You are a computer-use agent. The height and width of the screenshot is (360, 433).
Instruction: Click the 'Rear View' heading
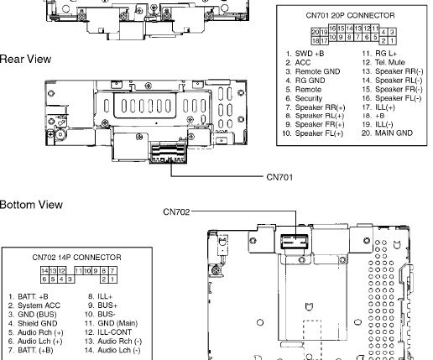coord(25,60)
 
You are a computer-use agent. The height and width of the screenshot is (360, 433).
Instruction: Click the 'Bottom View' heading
coord(31,205)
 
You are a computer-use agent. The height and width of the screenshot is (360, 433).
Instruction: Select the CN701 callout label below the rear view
coord(279,177)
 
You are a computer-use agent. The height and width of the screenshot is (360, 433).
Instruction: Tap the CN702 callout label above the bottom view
coord(176,212)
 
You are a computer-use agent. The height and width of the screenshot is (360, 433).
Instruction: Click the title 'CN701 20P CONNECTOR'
coord(350,15)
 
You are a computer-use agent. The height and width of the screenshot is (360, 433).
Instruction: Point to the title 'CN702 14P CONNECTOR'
coord(76,258)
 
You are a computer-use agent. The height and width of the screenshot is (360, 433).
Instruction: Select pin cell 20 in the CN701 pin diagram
coord(316,32)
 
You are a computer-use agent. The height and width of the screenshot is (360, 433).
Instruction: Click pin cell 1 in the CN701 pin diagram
coord(392,41)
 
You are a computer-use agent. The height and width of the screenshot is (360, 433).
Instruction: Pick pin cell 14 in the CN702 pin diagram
coord(44,271)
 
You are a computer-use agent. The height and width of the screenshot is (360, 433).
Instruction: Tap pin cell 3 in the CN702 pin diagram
coord(70,279)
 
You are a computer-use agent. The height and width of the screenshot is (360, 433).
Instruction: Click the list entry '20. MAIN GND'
coord(387,133)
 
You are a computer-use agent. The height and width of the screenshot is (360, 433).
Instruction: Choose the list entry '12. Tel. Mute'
coord(383,62)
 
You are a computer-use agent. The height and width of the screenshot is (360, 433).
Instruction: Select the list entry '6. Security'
coord(304,98)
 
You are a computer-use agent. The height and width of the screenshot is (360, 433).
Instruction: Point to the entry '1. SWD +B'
coord(305,54)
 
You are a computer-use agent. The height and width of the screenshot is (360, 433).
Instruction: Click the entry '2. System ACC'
coord(34,305)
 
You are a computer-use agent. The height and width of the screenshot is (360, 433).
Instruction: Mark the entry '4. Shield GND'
coord(33,323)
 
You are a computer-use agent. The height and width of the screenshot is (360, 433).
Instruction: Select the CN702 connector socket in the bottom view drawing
coord(295,242)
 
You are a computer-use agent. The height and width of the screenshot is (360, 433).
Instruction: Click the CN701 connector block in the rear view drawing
coord(168,153)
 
